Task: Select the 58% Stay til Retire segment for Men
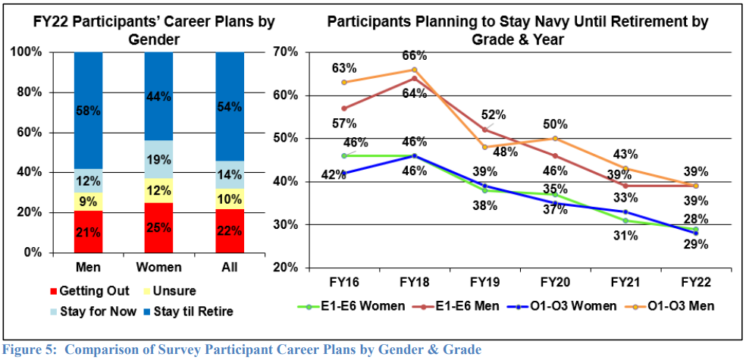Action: click(x=88, y=111)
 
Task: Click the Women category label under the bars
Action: click(x=158, y=268)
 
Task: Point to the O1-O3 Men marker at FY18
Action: click(x=415, y=70)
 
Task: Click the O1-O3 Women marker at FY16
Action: click(x=343, y=173)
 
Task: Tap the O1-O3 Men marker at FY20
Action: click(x=555, y=139)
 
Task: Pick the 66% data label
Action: click(x=415, y=55)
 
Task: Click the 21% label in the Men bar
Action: click(x=88, y=232)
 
